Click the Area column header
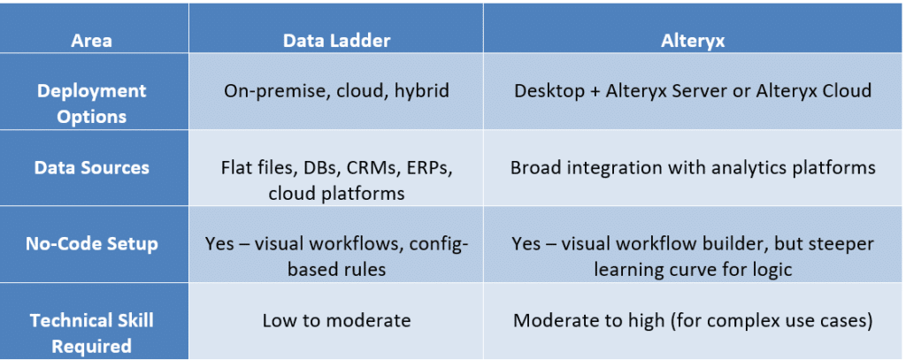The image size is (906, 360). pos(91,41)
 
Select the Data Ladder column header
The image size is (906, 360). pos(336,41)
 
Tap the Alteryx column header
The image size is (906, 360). pos(693,41)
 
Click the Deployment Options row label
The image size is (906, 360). pos(92,103)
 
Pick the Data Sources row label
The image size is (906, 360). pos(92,167)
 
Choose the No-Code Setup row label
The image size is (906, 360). pos(92,243)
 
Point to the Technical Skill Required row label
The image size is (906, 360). pos(92,333)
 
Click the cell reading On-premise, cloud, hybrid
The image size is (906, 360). pos(336,92)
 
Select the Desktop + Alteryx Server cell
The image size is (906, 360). pos(693,92)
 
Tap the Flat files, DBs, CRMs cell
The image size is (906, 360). pos(336,180)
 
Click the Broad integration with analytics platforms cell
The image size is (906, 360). pos(693,167)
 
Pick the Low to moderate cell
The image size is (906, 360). pos(336,320)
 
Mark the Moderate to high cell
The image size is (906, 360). pos(693,320)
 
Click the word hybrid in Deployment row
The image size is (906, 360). pos(422,92)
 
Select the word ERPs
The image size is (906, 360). pos(431,168)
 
